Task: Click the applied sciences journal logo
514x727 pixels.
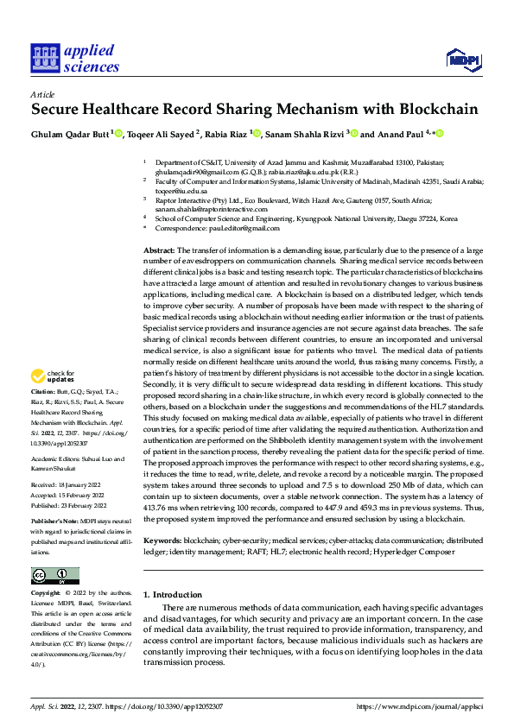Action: (74, 59)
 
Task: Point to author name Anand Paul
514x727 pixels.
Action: (403, 134)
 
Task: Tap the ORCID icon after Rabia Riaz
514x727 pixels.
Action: (257, 133)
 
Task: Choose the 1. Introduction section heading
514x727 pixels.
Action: (171, 595)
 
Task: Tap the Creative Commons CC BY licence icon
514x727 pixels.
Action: (54, 576)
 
